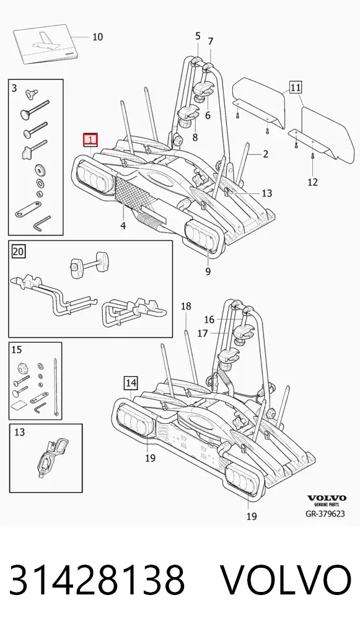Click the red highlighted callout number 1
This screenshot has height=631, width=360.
[x=90, y=139]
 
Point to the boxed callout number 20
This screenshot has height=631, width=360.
[x=18, y=252]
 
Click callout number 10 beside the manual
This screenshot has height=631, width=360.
[x=97, y=37]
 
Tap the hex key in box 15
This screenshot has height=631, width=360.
[x=40, y=408]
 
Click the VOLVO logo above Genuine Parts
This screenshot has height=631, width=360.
[x=326, y=498]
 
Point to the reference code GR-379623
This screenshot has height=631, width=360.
[x=325, y=513]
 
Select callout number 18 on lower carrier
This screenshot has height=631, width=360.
[x=186, y=306]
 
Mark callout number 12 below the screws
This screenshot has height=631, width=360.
[x=312, y=182]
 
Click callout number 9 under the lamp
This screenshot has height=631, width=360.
[x=208, y=271]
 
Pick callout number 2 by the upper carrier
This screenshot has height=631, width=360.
[x=265, y=154]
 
